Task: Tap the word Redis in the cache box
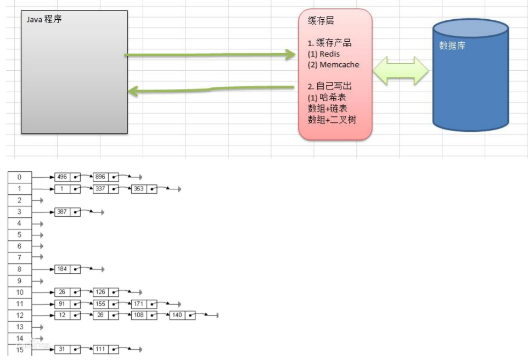(329, 54)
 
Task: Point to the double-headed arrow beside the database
(401, 71)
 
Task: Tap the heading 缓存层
(321, 21)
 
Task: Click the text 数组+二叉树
(332, 119)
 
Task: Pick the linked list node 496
(62, 177)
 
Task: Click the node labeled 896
(100, 177)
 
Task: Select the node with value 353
(138, 189)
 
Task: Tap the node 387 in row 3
(62, 212)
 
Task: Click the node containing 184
(62, 269)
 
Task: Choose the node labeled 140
(177, 315)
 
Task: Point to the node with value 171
(138, 303)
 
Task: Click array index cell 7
(20, 257)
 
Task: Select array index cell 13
(20, 327)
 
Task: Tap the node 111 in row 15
(100, 350)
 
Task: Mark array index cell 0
(20, 177)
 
